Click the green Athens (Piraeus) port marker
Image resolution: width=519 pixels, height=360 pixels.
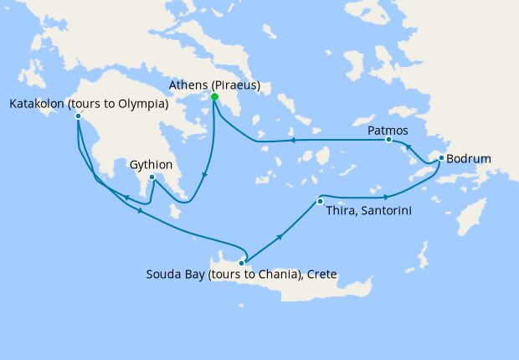click(x=215, y=97)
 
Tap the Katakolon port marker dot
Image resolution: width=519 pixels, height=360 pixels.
click(x=78, y=116)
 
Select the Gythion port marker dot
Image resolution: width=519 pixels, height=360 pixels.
click(x=152, y=177)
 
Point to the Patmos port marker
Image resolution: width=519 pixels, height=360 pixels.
click(x=388, y=141)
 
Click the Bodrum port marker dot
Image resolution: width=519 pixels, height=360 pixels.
click(x=441, y=157)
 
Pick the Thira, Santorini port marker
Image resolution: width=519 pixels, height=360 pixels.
click(x=320, y=201)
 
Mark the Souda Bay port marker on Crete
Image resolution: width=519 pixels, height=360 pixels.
click(x=242, y=263)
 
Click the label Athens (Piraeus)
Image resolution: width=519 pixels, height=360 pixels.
click(x=214, y=85)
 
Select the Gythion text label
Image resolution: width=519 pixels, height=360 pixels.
click(x=152, y=165)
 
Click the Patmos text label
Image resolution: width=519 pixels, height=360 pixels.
click(x=388, y=131)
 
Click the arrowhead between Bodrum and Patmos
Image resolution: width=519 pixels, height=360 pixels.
click(x=409, y=152)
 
